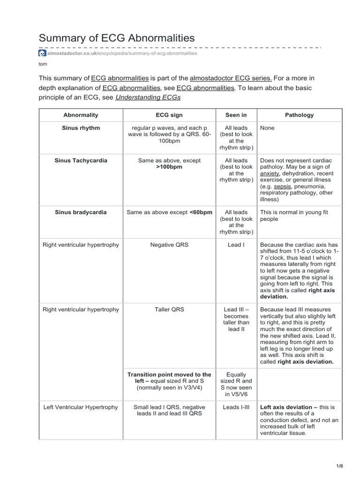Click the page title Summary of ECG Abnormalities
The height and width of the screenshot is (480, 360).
(x=116, y=37)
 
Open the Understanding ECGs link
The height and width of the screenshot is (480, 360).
(x=148, y=97)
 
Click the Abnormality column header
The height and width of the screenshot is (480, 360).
(x=81, y=115)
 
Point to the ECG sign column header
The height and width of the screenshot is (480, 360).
(x=169, y=115)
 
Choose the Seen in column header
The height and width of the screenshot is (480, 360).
(x=236, y=115)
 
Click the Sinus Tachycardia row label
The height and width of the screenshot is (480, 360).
(x=81, y=160)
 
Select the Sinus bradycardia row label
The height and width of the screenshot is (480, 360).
(x=81, y=212)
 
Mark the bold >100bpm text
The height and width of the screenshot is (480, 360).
(x=169, y=167)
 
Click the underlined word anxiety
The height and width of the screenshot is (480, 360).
(x=270, y=173)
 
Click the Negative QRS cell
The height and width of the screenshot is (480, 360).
(x=169, y=245)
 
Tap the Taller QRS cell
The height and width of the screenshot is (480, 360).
(x=169, y=309)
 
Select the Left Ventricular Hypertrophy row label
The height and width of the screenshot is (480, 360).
(x=81, y=407)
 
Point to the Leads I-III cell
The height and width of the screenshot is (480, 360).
(x=236, y=407)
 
